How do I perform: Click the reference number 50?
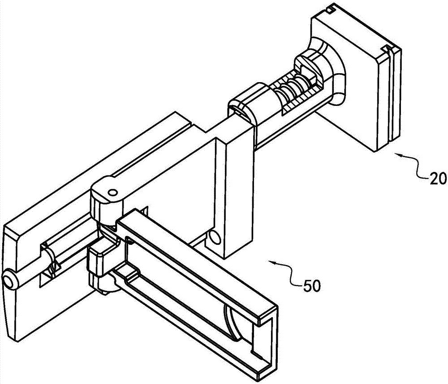coord(311,286)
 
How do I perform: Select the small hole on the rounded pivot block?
coord(112,192)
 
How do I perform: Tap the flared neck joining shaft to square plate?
coord(328,71)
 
